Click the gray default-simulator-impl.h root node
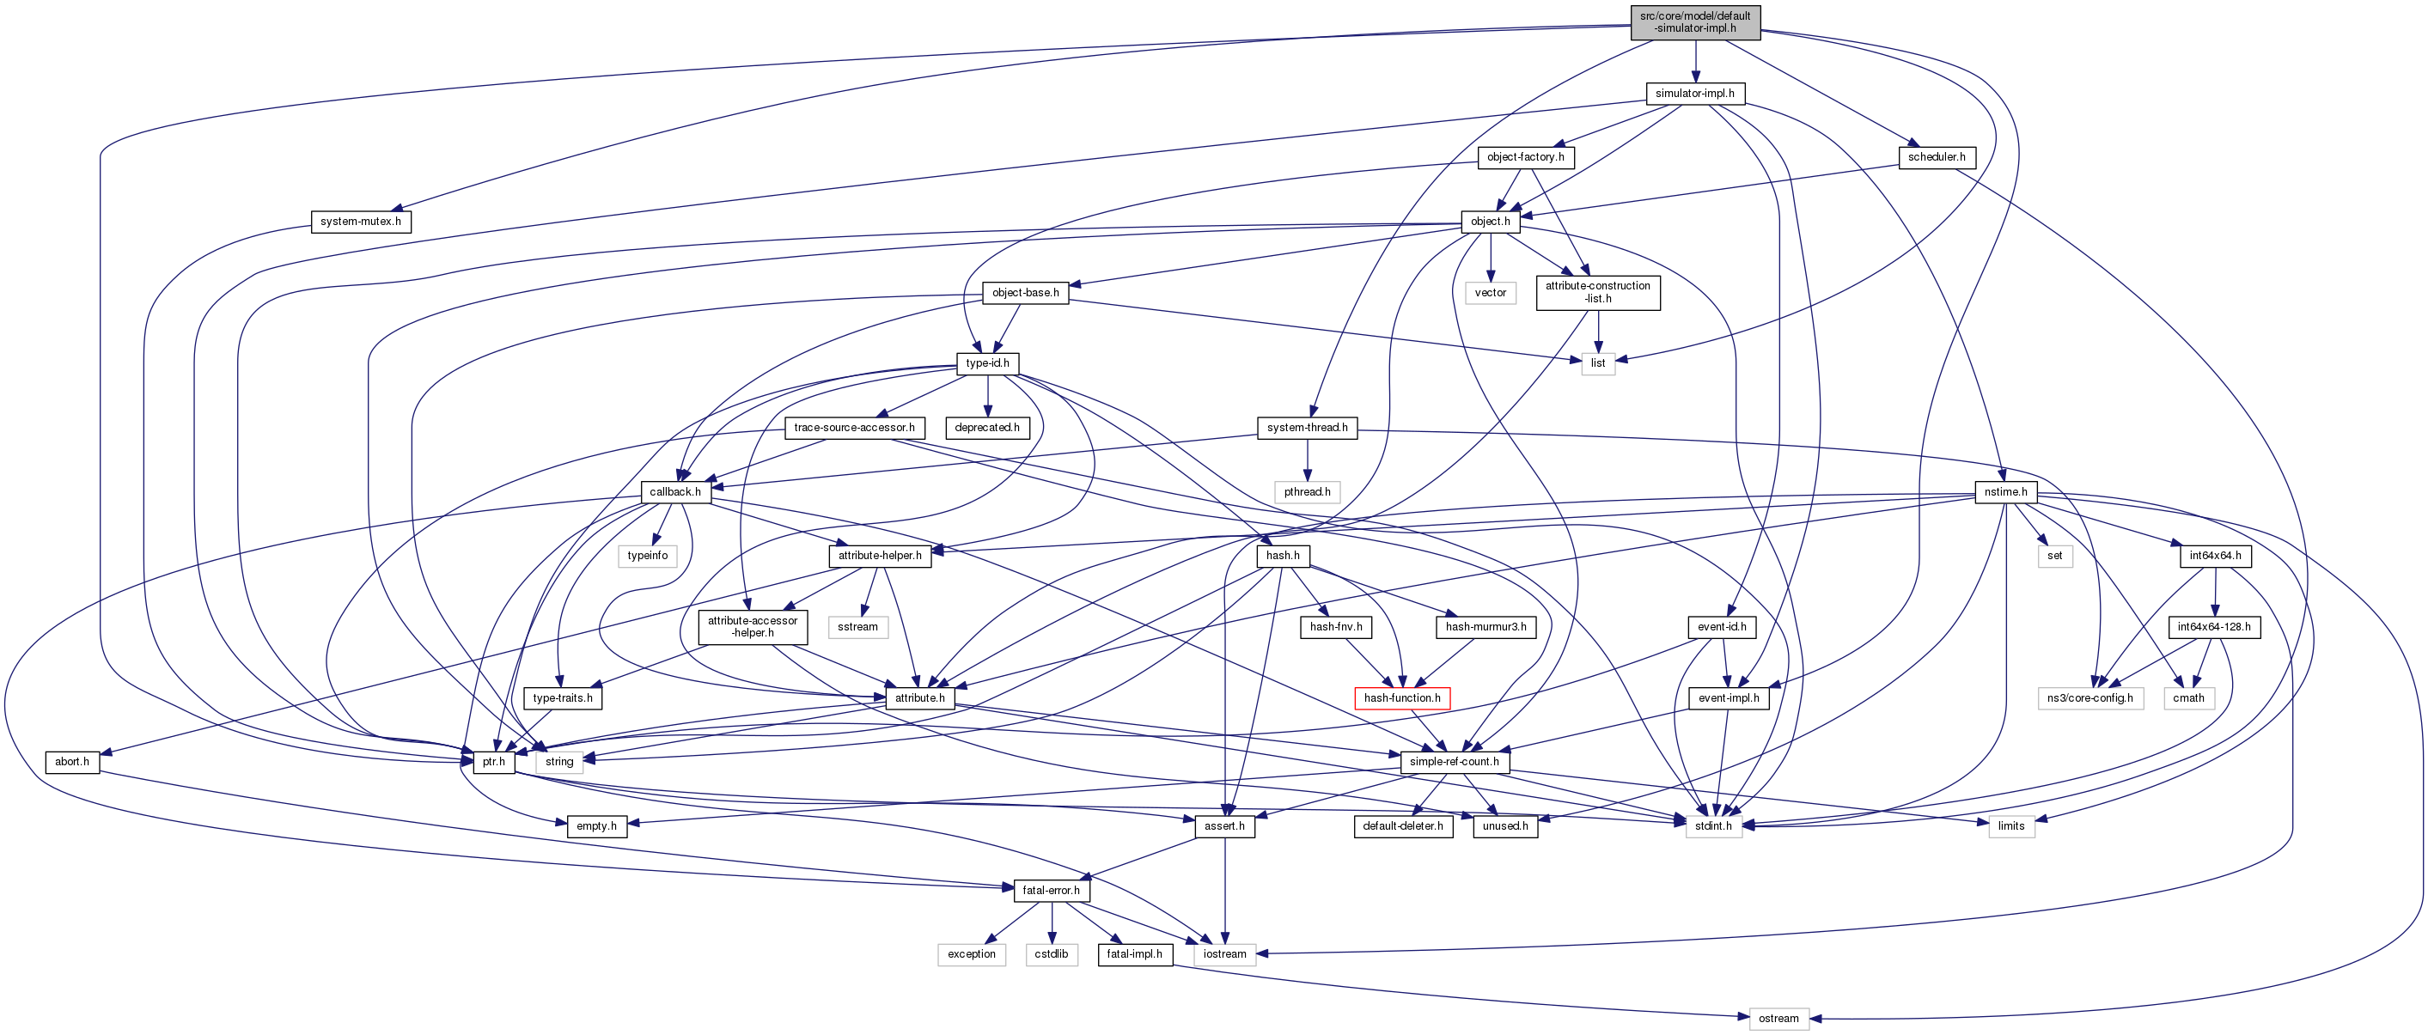[1694, 22]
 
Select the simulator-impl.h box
[1693, 94]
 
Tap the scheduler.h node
[1936, 157]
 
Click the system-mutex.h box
[360, 222]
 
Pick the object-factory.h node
[1524, 157]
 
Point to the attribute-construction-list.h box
[1597, 292]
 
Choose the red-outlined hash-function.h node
[1401, 698]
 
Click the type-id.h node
[987, 363]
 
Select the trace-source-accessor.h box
[854, 428]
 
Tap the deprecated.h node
[987, 428]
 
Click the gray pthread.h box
[1307, 492]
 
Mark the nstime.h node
[2004, 492]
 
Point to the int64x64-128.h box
[2213, 627]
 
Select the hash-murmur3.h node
[1485, 627]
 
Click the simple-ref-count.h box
[1454, 762]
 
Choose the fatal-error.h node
[1051, 891]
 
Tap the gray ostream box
[1778, 1019]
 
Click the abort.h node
[71, 762]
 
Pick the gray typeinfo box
[648, 556]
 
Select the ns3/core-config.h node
[2089, 698]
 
